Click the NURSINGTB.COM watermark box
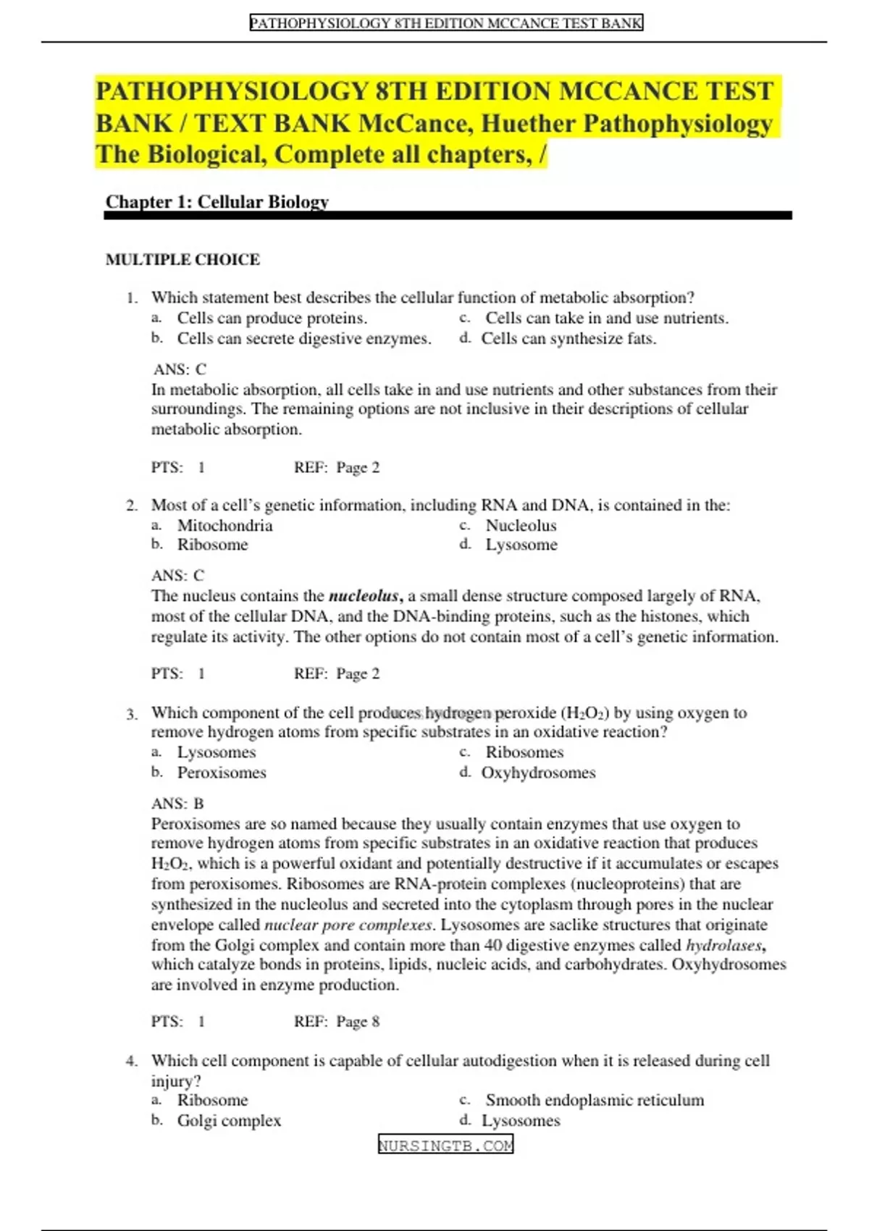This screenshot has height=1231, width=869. click(445, 1145)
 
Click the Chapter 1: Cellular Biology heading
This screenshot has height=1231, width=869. click(217, 202)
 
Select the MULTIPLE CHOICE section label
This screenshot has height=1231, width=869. click(182, 259)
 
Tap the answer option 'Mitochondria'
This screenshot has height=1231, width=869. click(224, 526)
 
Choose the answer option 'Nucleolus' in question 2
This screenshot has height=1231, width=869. click(521, 526)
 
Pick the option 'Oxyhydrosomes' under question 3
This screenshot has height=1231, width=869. click(538, 773)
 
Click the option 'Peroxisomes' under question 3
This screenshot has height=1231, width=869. click(222, 773)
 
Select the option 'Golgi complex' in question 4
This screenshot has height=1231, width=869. click(229, 1120)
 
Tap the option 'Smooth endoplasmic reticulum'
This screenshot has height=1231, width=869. click(594, 1100)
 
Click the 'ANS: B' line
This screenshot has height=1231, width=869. click(177, 804)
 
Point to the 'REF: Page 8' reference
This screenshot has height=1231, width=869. click(337, 1022)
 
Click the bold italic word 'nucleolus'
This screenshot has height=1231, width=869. click(364, 597)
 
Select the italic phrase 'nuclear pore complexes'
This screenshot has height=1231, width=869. click(348, 925)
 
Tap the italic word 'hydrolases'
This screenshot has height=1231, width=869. click(724, 945)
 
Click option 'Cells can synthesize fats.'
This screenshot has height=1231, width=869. click(568, 339)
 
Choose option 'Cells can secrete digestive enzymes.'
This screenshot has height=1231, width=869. click(304, 339)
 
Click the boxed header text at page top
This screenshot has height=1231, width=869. click(446, 23)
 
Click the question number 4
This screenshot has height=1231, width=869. click(131, 1062)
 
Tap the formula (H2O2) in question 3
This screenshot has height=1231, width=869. click(584, 713)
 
